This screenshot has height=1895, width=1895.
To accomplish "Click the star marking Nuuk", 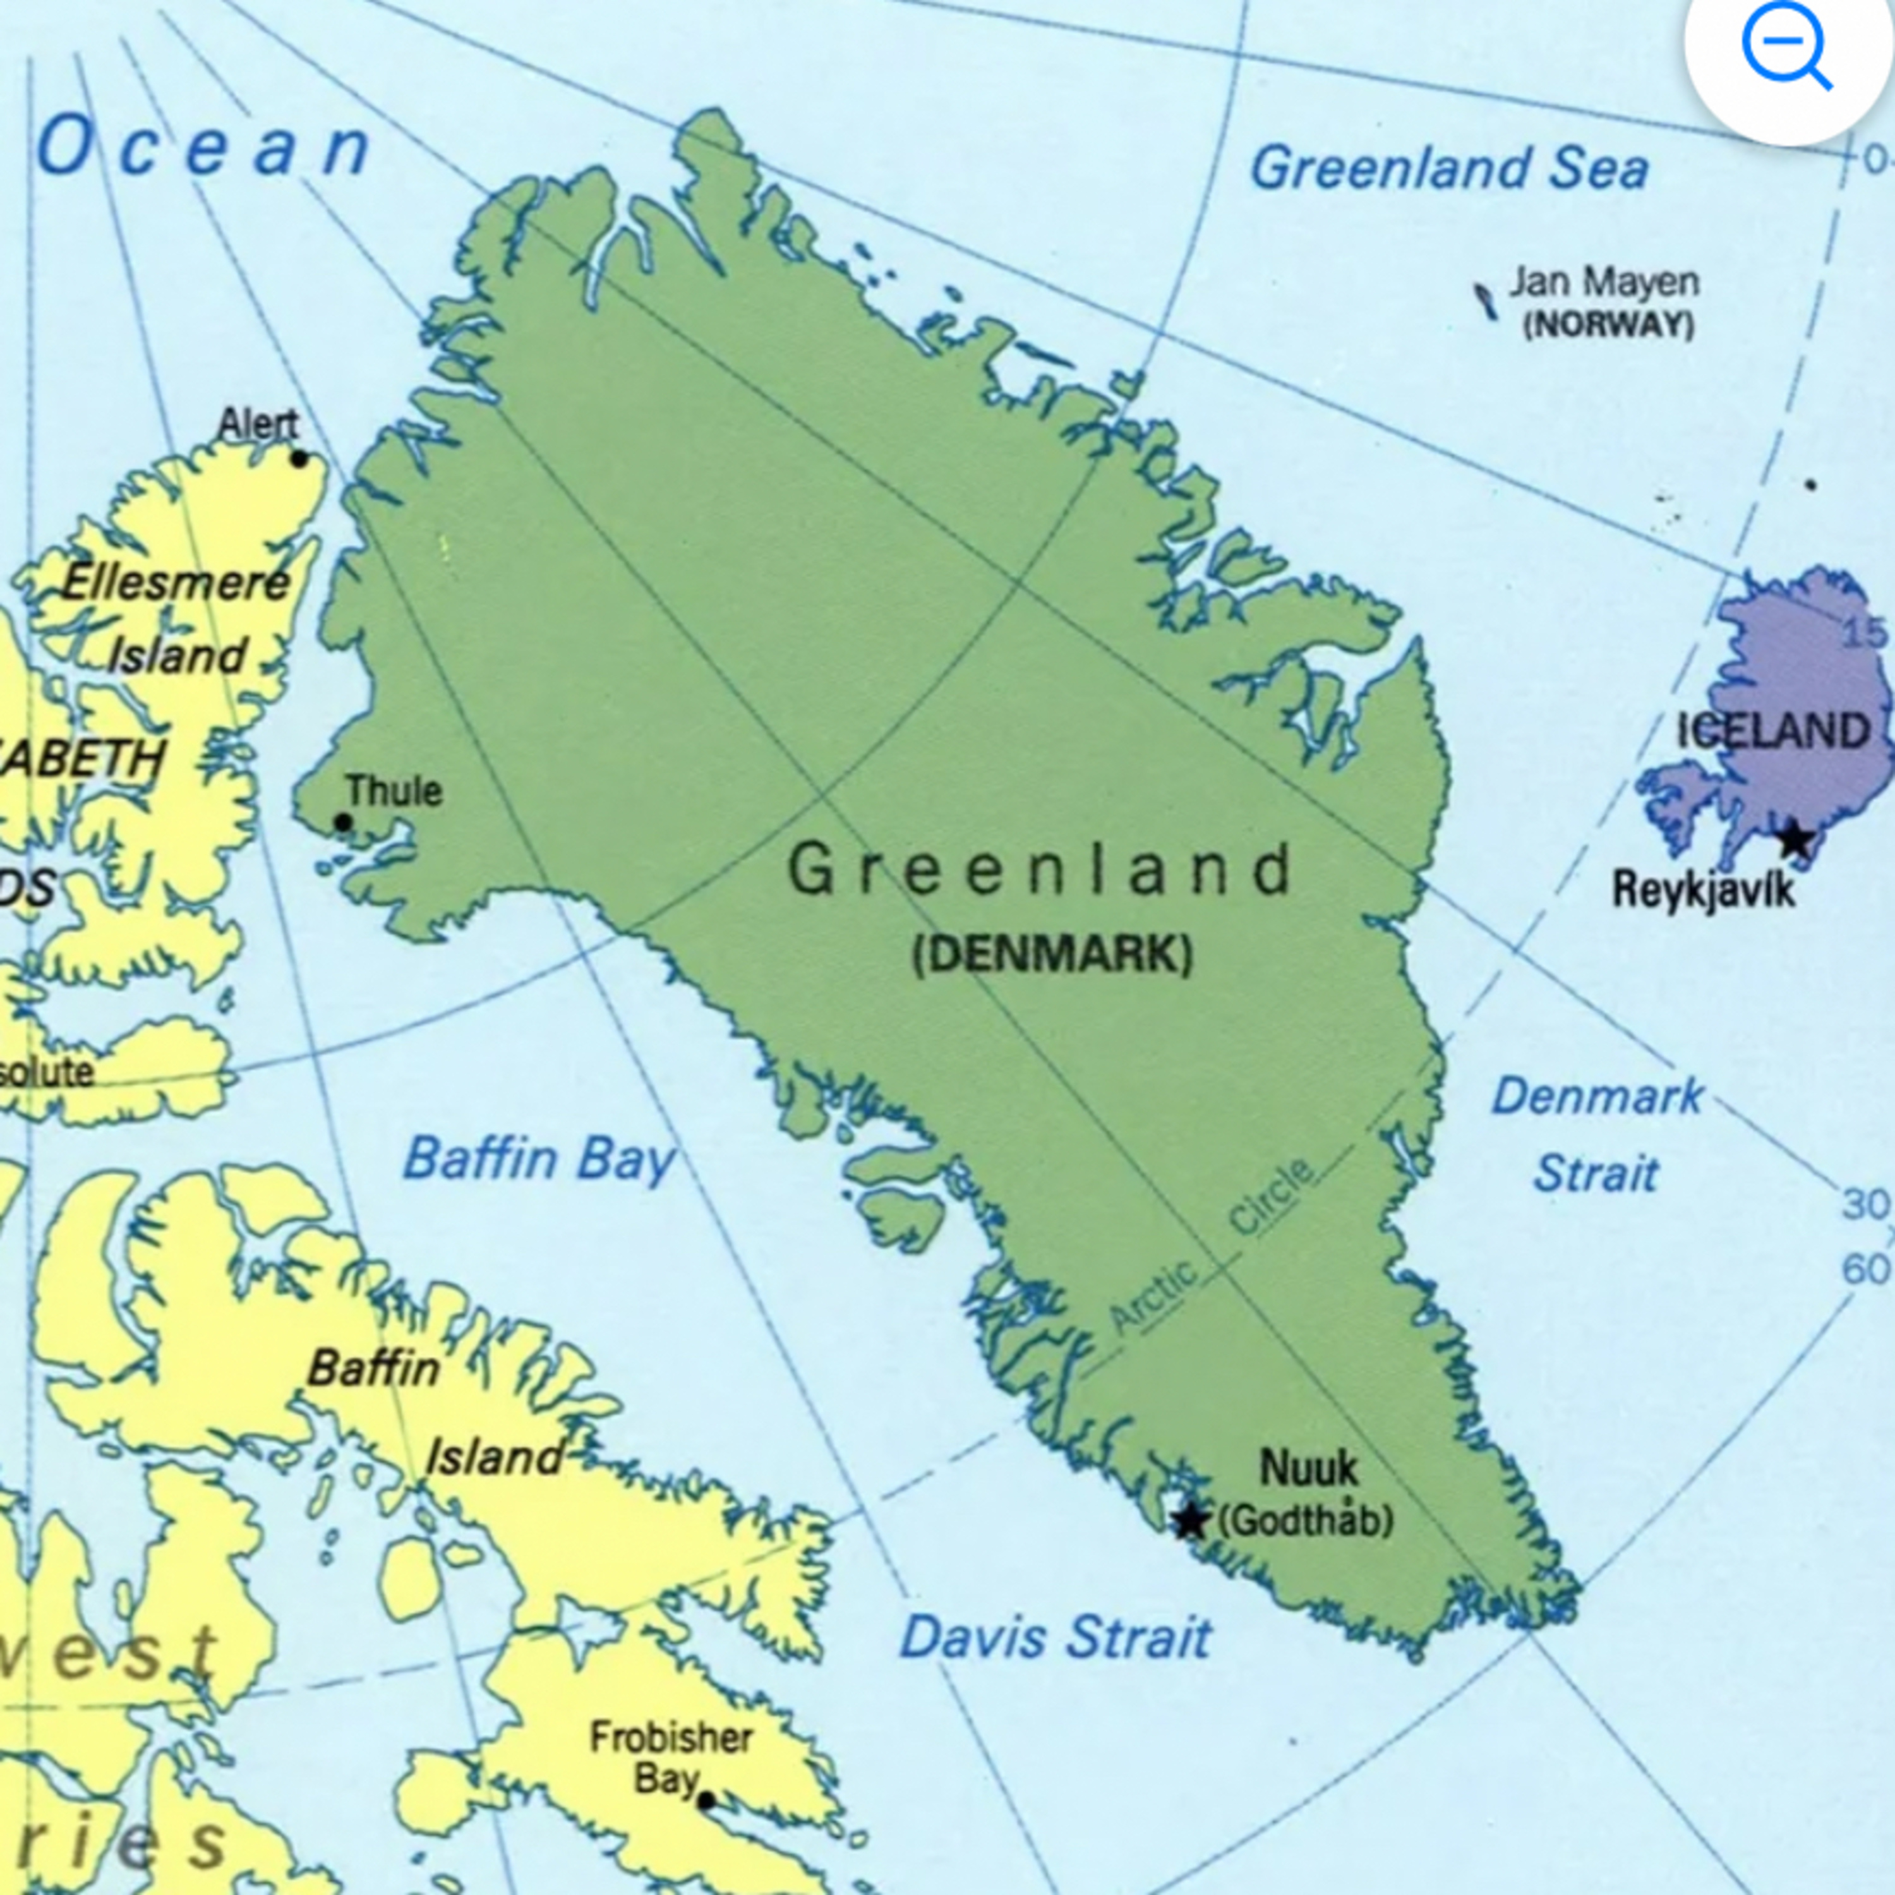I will pos(1191,1520).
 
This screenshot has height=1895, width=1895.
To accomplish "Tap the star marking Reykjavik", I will pos(1795,839).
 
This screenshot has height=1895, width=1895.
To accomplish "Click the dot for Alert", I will pos(299,458).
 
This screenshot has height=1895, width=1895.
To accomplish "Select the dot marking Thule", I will pos(342,822).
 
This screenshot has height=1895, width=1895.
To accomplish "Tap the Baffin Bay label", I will pos(538,1159).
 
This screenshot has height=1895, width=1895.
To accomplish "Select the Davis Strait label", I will pos(1056,1638).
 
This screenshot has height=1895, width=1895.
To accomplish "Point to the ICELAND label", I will pos(1773,731).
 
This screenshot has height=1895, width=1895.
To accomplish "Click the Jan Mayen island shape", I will pos(1486,300).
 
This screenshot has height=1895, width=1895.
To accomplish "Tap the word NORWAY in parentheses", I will pos(1609,325).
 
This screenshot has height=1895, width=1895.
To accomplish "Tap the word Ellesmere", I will pos(177,584).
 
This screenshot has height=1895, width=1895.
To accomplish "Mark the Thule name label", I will pos(394,791).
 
